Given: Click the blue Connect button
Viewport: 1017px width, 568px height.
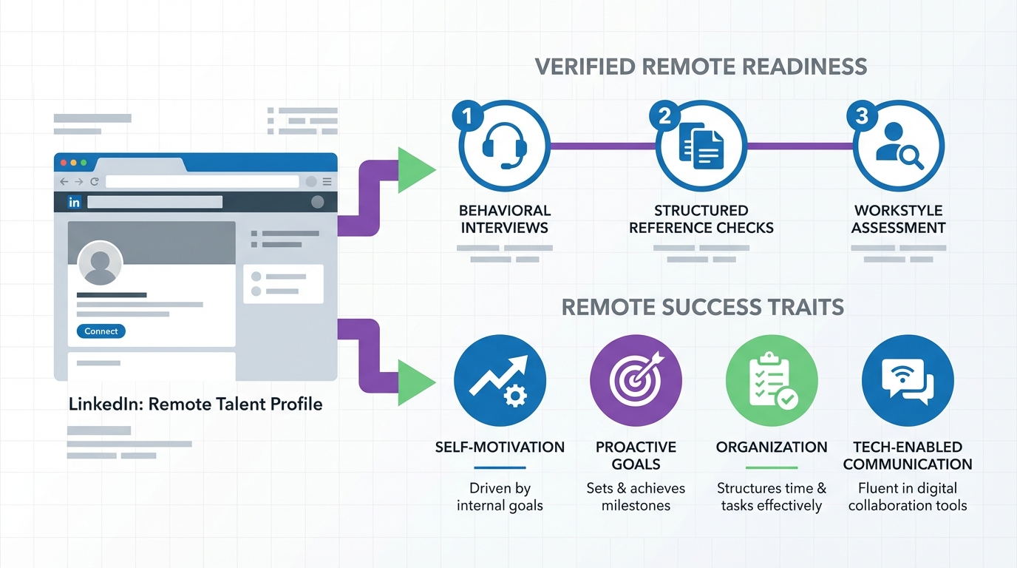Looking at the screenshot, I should click(101, 331).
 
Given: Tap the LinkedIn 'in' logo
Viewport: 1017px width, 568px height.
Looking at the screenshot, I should click(74, 202).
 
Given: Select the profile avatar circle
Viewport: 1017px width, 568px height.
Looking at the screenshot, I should click(100, 263).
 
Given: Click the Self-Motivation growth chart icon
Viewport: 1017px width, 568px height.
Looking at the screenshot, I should click(500, 380).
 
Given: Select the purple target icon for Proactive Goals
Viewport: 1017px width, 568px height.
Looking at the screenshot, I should click(636, 380).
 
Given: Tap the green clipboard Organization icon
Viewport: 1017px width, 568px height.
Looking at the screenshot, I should click(772, 380).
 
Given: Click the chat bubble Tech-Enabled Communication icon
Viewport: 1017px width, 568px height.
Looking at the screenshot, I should click(908, 380).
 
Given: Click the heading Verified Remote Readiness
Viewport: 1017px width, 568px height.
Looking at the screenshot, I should click(700, 66).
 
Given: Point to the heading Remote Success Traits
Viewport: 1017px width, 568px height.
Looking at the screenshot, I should click(702, 307).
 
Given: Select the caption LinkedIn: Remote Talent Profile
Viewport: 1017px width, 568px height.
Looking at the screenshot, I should click(195, 404).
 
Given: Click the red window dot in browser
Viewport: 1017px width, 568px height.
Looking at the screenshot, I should click(64, 162).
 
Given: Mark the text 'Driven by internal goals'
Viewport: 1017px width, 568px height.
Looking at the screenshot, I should click(500, 497).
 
